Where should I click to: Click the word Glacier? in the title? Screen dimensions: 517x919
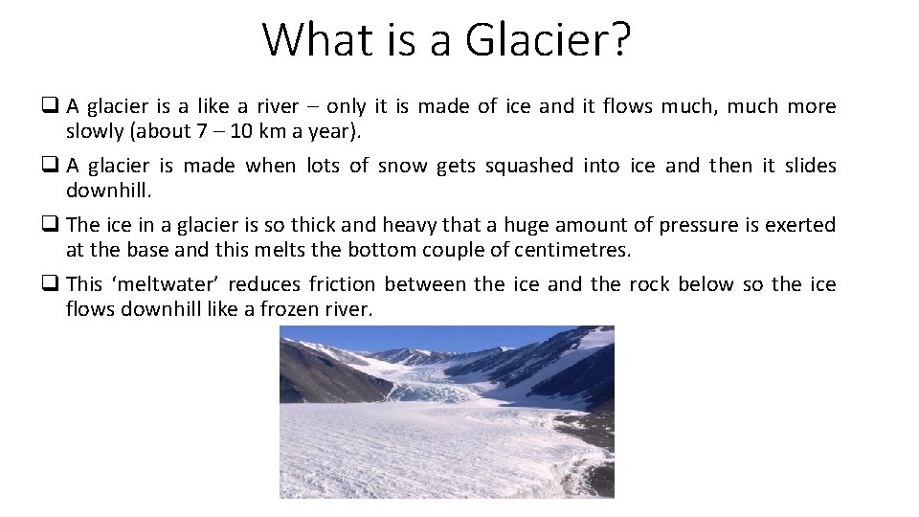[549, 40]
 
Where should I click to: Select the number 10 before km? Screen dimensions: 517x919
[236, 131]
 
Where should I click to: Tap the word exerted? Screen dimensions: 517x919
[803, 226]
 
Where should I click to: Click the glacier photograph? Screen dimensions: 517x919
[446, 412]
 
